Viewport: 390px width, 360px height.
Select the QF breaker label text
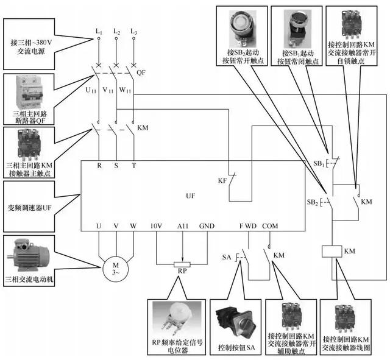pyautogui.click(x=141, y=72)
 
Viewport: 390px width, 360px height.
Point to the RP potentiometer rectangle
pyautogui.click(x=182, y=264)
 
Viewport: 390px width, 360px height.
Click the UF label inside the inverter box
pyautogui.click(x=191, y=196)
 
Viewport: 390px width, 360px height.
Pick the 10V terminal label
pyautogui.click(x=156, y=227)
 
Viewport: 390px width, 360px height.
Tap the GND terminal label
pyautogui.click(x=207, y=227)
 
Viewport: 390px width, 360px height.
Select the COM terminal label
pyautogui.click(x=270, y=227)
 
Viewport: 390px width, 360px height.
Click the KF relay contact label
pyautogui.click(x=222, y=181)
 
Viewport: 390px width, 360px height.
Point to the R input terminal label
pyautogui.click(x=99, y=165)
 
